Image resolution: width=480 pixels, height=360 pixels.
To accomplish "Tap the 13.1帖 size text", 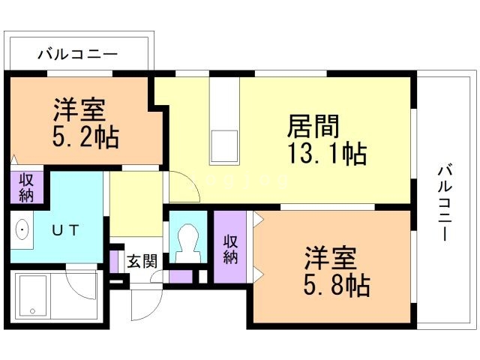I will click(x=327, y=154).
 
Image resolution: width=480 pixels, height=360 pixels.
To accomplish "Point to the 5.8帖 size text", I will click(x=337, y=285).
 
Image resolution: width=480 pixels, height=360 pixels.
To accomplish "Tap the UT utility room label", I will click(x=65, y=230).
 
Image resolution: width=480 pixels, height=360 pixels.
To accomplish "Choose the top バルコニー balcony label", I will click(x=77, y=54).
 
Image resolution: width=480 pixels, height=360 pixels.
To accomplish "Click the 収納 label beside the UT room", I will click(x=26, y=187).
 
